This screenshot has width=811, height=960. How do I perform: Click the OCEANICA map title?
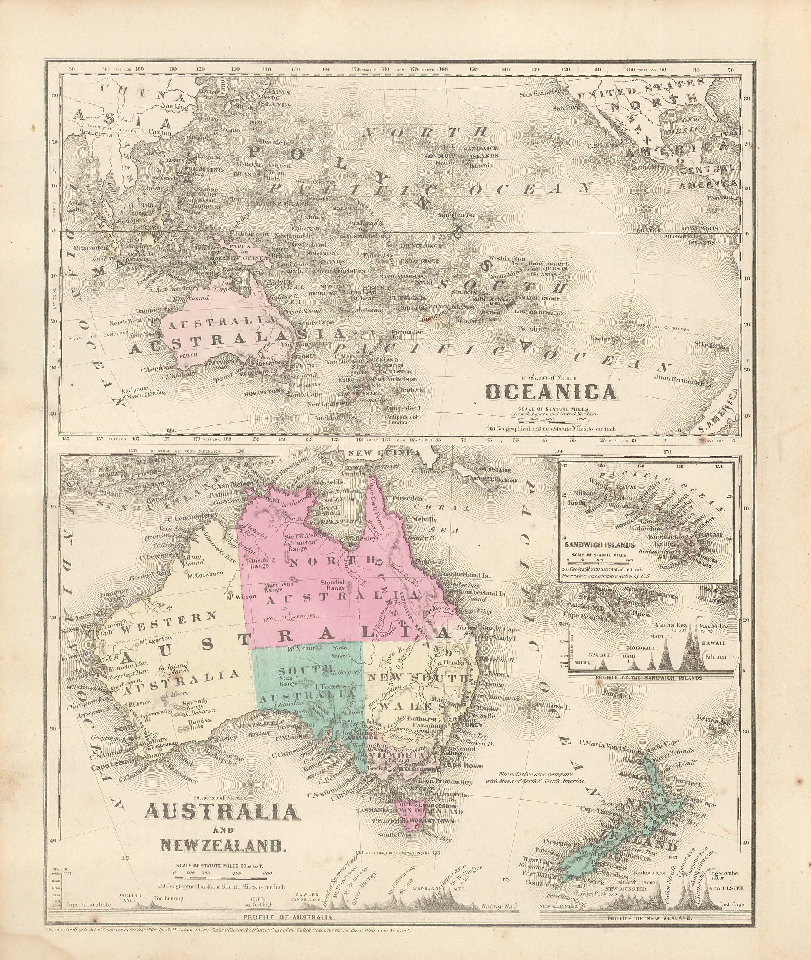tap(551, 392)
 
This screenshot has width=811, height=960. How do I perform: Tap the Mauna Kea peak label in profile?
tap(679, 626)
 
